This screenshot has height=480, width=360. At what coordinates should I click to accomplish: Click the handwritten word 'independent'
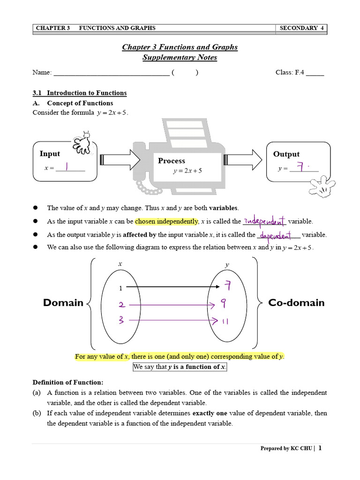pos(264,220)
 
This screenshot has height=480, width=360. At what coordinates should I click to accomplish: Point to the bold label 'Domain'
pos(63,303)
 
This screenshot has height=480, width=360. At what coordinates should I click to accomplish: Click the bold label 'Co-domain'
pos(296,303)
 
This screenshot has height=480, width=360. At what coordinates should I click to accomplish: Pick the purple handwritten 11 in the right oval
pos(225,321)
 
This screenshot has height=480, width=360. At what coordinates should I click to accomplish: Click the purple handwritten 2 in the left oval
pos(122,305)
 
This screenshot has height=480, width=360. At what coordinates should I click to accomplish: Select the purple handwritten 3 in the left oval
pos(121,321)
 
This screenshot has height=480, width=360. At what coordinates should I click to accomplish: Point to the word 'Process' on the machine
pos(172,161)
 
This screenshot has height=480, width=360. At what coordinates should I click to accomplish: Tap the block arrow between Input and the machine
pos(120,160)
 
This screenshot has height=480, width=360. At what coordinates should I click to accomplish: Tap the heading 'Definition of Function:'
pos(67,382)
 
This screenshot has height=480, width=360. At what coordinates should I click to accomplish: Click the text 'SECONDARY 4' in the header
pos(301,28)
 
